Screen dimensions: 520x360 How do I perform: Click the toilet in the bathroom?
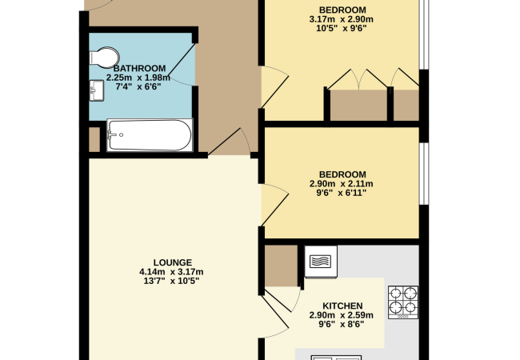(x=105, y=58)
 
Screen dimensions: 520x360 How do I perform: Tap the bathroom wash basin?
(x=97, y=90)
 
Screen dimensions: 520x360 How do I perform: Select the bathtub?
(x=150, y=135)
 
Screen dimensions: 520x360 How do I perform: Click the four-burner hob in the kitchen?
(x=403, y=302)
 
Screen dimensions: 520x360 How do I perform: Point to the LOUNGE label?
(x=173, y=262)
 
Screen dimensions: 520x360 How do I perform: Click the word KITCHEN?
(x=342, y=306)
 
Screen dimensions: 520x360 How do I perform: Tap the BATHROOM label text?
(x=140, y=69)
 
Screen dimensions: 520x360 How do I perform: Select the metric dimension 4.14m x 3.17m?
(x=171, y=272)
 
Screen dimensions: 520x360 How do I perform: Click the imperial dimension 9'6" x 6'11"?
(x=342, y=193)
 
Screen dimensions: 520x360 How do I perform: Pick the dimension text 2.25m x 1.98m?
(x=138, y=78)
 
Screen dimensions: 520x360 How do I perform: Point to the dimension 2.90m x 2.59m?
(x=342, y=315)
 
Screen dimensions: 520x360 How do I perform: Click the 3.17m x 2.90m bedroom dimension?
(x=342, y=19)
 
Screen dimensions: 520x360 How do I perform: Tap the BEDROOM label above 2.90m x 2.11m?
(x=342, y=174)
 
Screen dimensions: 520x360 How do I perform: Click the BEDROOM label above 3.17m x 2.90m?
(x=342, y=10)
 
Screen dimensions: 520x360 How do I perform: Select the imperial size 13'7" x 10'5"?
(x=171, y=281)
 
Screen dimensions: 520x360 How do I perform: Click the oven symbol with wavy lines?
(x=320, y=262)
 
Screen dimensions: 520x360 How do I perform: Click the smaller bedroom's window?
(x=424, y=174)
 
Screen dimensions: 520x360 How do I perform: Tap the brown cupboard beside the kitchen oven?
(x=281, y=266)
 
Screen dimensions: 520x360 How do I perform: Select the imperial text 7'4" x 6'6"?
(x=138, y=87)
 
